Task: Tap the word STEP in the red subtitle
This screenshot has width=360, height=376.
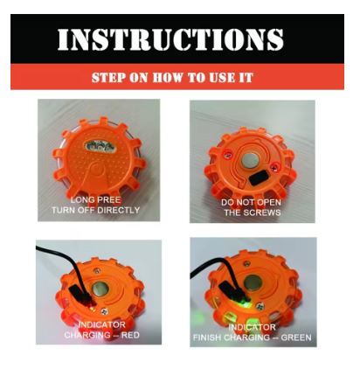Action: [107, 78]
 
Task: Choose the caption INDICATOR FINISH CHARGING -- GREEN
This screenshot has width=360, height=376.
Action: [253, 330]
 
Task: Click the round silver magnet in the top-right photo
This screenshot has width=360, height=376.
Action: [247, 160]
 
